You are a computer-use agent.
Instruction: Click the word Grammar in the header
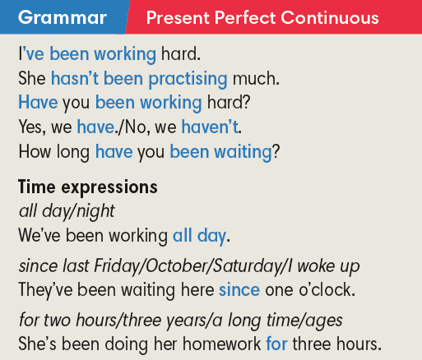pyautogui.click(x=62, y=17)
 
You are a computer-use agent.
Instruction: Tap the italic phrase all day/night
pyautogui.click(x=67, y=210)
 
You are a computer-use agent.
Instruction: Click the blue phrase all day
pyautogui.click(x=199, y=236)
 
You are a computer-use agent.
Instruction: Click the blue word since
pyautogui.click(x=239, y=289)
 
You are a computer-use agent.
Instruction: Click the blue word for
pyautogui.click(x=276, y=342)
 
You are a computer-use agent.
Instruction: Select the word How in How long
pyautogui.click(x=34, y=151)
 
